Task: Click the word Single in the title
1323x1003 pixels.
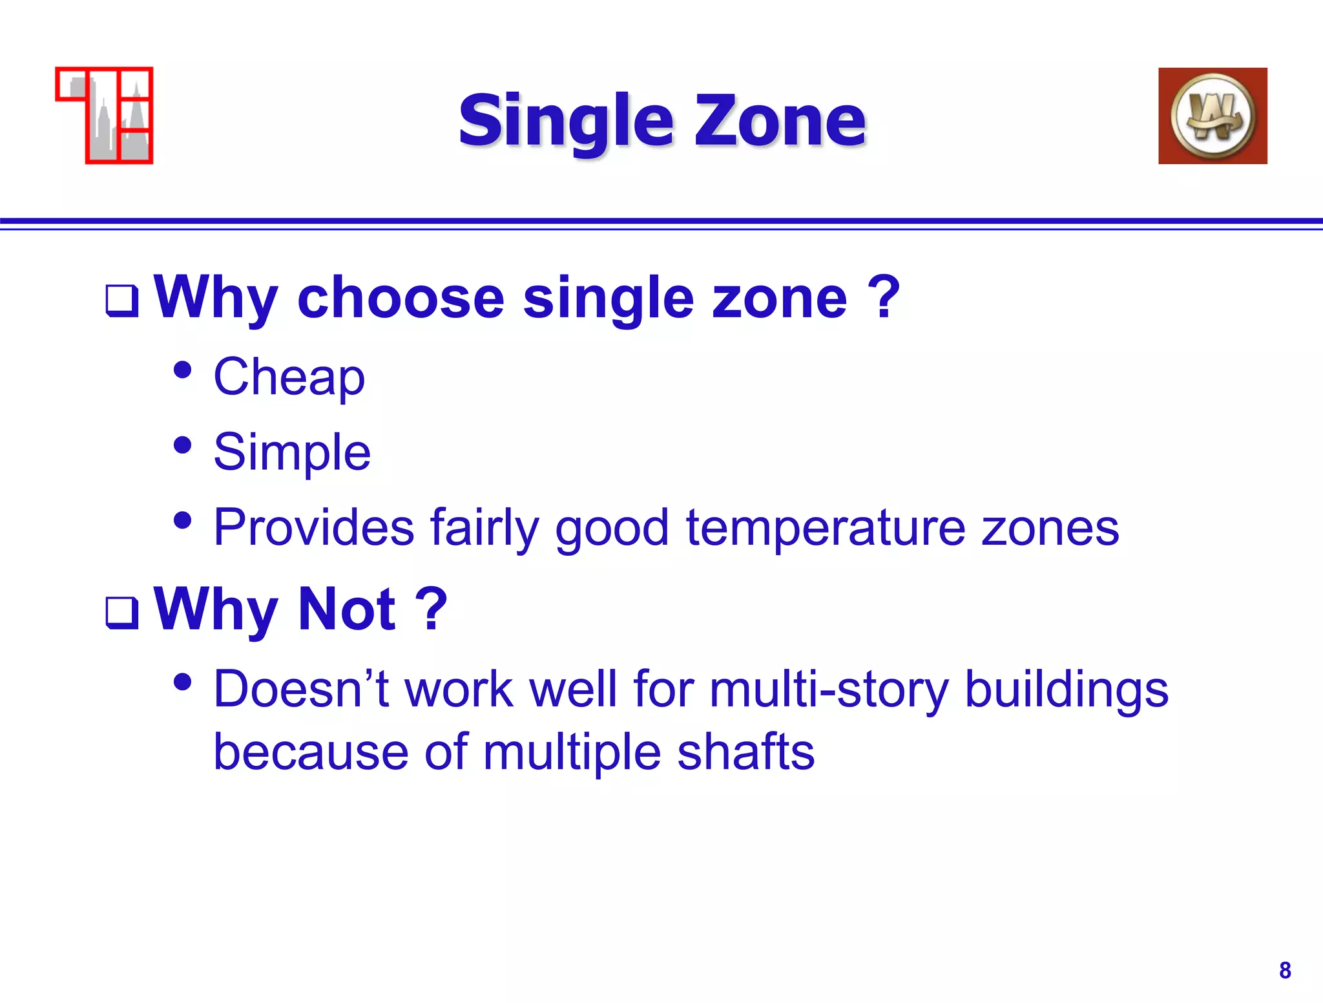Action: click(x=566, y=121)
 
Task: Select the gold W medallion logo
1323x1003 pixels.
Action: click(x=1213, y=116)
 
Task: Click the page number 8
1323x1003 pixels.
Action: click(x=1284, y=970)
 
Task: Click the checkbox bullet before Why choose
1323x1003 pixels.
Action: click(x=122, y=301)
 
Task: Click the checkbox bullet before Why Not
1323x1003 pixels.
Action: click(x=122, y=612)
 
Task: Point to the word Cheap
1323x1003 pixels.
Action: click(x=289, y=377)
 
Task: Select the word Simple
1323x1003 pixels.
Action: click(x=292, y=452)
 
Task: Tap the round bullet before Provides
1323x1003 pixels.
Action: click(x=183, y=520)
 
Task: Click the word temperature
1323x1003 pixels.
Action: click(x=826, y=528)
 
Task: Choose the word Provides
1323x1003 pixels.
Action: click(x=313, y=528)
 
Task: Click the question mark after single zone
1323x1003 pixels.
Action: click(x=883, y=297)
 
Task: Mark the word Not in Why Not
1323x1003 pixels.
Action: click(x=347, y=609)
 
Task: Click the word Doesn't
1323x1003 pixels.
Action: click(x=301, y=689)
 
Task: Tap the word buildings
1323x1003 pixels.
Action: click(x=1066, y=689)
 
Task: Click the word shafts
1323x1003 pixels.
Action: click(x=745, y=752)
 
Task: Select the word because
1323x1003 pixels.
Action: click(x=311, y=752)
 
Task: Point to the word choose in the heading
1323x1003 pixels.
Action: click(x=401, y=299)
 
